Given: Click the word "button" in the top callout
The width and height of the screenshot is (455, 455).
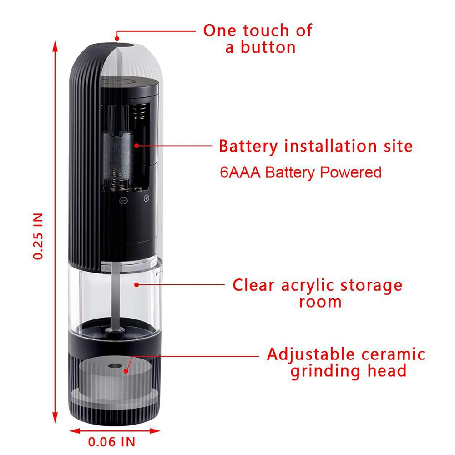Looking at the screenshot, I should [268, 47].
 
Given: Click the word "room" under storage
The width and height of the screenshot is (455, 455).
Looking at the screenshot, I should [320, 301].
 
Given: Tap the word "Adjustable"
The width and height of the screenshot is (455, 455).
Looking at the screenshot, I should [310, 354].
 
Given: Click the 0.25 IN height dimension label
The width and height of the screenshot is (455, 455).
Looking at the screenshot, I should [39, 236].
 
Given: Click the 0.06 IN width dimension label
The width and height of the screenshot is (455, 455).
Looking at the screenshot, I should [111, 441].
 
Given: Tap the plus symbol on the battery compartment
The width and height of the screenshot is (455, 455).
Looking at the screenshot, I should [147, 198].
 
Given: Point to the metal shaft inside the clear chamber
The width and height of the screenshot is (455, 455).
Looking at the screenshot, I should [116, 296].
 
